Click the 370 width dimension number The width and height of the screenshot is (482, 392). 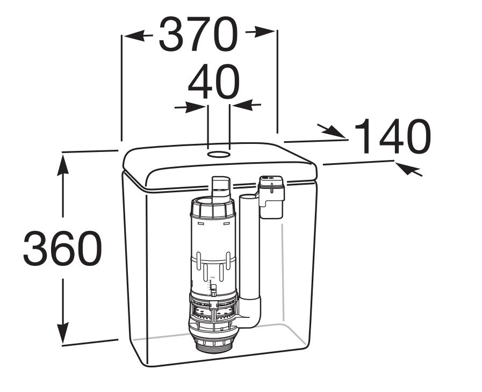pyautogui.click(x=198, y=34)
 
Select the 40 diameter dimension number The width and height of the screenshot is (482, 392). pyautogui.click(x=214, y=82)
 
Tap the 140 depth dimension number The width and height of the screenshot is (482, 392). pyautogui.click(x=393, y=136)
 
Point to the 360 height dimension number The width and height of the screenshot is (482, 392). pyautogui.click(x=62, y=249)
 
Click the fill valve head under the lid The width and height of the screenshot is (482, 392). pyautogui.click(x=271, y=196)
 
